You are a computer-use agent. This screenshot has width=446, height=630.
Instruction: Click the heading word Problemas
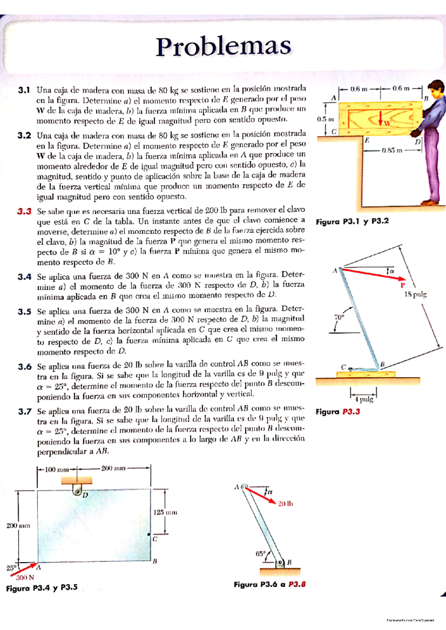(x=223, y=47)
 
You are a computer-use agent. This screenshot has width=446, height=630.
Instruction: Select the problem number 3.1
(x=23, y=90)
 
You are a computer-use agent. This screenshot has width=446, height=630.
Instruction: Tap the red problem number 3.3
(x=24, y=211)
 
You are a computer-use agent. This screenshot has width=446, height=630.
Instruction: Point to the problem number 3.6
(x=25, y=367)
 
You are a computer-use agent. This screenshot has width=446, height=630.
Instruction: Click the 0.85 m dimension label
(x=392, y=151)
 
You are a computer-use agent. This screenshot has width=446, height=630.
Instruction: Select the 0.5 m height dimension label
(x=325, y=119)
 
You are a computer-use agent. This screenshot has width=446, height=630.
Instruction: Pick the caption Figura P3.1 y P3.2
(x=352, y=222)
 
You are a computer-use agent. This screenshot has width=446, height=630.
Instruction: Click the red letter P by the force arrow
(x=402, y=285)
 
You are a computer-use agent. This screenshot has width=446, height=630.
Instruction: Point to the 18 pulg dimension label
(x=415, y=294)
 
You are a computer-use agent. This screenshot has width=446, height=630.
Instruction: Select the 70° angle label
(x=339, y=317)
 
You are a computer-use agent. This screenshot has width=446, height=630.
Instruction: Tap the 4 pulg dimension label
(x=363, y=399)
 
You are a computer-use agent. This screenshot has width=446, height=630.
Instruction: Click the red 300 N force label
(x=25, y=578)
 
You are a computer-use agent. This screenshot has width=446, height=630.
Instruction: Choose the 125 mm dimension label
(x=165, y=512)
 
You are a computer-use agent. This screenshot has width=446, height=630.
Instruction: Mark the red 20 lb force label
(x=285, y=503)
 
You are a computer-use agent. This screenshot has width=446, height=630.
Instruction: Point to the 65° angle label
(x=260, y=554)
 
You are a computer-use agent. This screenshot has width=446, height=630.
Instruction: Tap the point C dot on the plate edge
(x=149, y=534)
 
